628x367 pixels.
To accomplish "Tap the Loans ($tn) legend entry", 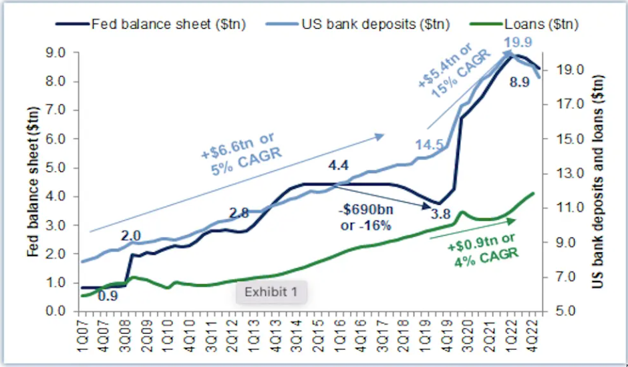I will point(534,25).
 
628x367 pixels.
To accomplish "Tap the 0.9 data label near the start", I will point(108,296).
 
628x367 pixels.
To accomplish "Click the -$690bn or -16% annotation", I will point(365,218).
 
